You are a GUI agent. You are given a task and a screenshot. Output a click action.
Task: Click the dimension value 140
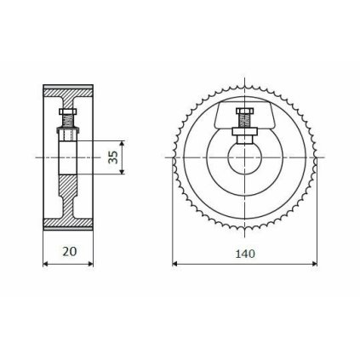point(245,253)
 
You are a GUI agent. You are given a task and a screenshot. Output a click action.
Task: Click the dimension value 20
point(69,253)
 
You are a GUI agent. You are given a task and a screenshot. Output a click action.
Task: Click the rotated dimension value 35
point(113,157)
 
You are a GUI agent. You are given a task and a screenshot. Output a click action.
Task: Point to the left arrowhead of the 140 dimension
point(175,264)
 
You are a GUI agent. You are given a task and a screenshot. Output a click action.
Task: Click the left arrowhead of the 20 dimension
point(46,264)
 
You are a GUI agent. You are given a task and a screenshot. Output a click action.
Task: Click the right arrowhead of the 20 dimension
point(91,264)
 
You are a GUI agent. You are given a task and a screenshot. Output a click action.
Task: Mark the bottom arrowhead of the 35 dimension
point(123,172)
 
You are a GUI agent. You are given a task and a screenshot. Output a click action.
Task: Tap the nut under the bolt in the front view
point(245,128)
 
